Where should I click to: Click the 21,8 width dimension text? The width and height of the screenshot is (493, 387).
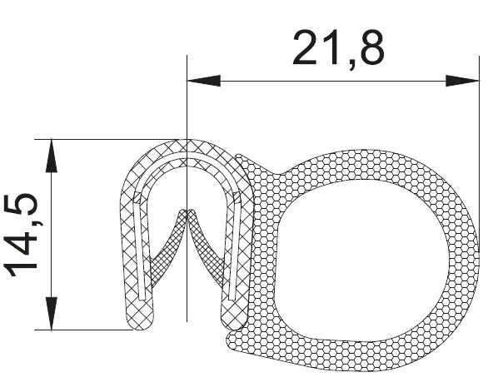coord(338,47)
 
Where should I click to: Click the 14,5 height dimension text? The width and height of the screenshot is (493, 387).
coord(22,235)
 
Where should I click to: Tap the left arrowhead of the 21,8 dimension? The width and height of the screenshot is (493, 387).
coord(204,81)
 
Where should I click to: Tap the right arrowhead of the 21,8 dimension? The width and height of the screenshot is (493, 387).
coord(462,81)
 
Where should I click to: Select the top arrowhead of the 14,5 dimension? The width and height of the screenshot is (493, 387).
coord(52,156)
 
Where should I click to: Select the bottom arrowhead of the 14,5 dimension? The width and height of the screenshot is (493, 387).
coord(52,313)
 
